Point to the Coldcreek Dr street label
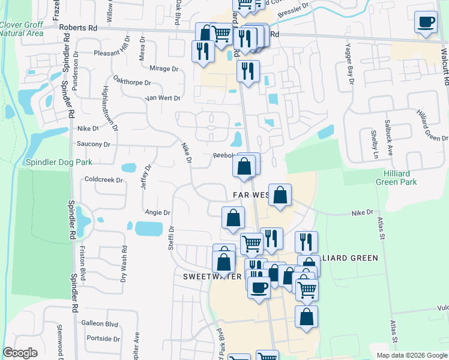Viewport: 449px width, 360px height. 103,179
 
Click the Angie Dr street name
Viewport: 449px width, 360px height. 158,212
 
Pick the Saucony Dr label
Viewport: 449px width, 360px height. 94,144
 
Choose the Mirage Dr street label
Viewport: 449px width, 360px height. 164,68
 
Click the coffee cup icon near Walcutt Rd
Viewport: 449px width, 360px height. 426,22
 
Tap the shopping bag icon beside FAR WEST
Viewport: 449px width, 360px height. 280,195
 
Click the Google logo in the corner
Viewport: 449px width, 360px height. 20,353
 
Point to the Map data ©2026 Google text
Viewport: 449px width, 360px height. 412,355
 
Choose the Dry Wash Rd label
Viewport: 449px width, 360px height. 124,263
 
